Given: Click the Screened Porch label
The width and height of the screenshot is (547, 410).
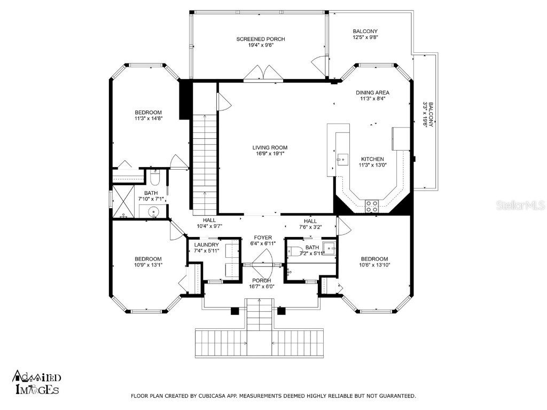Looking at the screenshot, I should click(x=261, y=39).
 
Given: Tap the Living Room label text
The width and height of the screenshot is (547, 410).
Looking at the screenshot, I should click(x=270, y=148).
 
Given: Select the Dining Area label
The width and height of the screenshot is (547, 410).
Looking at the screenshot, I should click(x=372, y=92).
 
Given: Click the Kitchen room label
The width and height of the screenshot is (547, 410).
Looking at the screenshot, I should click(x=372, y=159).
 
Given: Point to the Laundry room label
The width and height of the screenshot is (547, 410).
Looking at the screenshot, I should click(x=206, y=245).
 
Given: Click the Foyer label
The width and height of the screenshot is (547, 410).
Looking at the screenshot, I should click(x=263, y=238).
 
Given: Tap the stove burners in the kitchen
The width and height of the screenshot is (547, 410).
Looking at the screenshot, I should click(x=372, y=206).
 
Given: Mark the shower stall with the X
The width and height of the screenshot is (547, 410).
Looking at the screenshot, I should click(x=122, y=202).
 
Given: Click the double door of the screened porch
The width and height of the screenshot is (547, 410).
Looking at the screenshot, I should click(x=262, y=73).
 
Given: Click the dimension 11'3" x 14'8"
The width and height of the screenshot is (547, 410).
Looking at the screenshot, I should click(x=148, y=119).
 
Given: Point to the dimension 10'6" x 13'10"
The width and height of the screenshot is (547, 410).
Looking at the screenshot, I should click(x=373, y=265).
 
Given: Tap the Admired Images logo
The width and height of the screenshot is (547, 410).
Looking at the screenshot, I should click(x=36, y=383).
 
